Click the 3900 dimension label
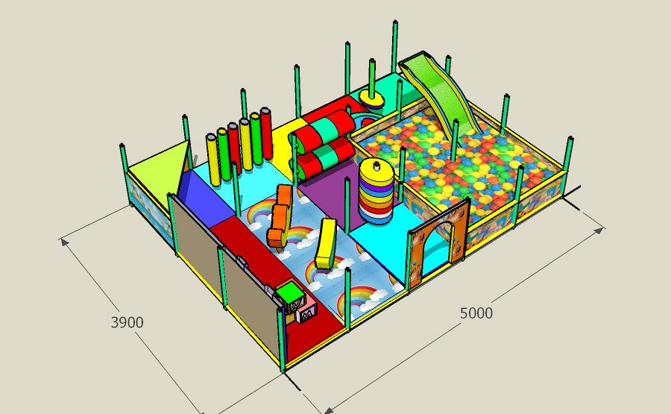(127, 322)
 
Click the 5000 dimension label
(476, 313)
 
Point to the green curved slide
(441, 97)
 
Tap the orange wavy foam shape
(280, 216)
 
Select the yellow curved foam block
(326, 244)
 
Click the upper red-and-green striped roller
(324, 131)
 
